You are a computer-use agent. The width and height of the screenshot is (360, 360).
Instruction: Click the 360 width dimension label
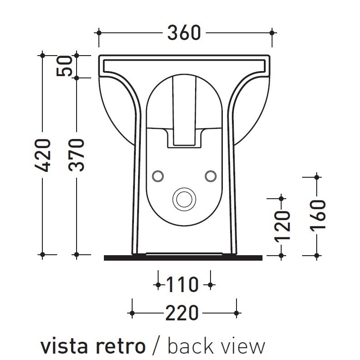click(184, 32)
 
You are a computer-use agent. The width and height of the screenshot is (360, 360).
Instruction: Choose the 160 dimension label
click(317, 215)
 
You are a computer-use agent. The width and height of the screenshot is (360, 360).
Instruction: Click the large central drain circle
click(184, 198)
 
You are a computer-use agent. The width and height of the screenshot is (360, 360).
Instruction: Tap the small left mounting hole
click(158, 175)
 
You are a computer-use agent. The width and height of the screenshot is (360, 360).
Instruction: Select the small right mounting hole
click(210, 175)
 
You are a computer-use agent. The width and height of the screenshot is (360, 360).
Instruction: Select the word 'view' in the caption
click(245, 346)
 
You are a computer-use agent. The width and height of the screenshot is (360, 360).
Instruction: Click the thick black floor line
click(183, 258)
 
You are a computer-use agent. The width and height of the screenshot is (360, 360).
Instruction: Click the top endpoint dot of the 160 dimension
click(317, 175)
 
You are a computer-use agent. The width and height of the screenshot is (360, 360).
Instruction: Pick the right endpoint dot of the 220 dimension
click(237, 313)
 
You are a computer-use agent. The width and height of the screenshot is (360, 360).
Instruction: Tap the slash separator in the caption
click(156, 346)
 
